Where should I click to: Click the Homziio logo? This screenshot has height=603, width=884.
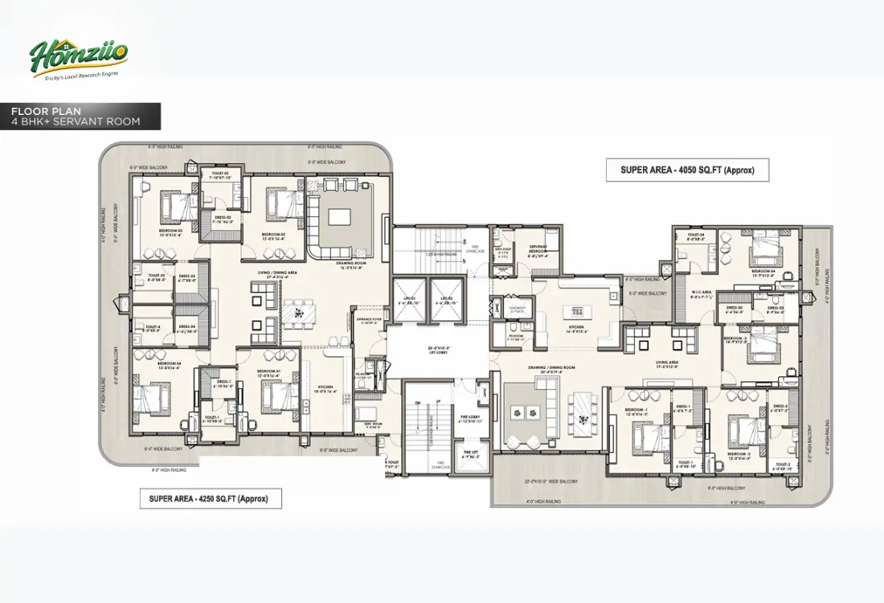tap(78, 58)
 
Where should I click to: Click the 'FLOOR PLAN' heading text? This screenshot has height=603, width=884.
tap(46, 112)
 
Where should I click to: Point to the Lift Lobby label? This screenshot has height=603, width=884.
tap(438, 350)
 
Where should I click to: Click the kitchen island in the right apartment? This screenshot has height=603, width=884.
tap(578, 310)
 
